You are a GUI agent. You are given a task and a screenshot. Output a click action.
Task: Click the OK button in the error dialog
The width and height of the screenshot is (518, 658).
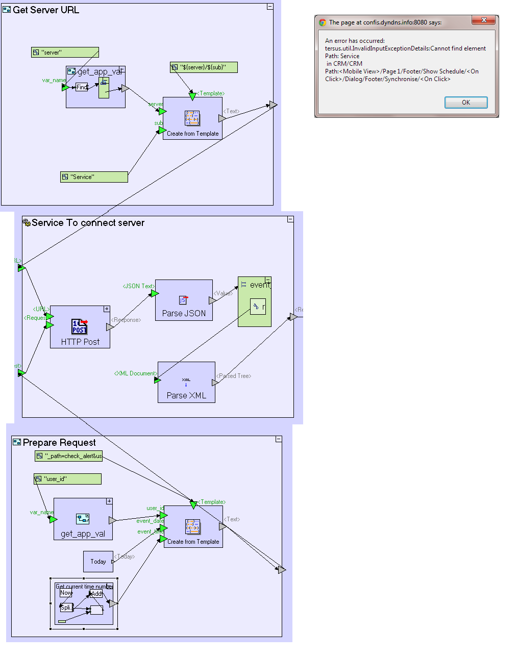(466, 103)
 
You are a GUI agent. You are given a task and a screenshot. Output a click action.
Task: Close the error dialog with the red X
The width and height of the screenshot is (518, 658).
(484, 20)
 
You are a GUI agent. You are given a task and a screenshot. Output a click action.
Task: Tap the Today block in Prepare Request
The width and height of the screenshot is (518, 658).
(98, 562)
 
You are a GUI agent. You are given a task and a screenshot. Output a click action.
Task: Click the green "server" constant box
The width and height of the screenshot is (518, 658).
(65, 53)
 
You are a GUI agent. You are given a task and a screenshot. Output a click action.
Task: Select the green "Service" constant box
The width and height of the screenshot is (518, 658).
(94, 177)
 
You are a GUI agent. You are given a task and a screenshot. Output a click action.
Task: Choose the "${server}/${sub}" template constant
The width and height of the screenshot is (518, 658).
(204, 67)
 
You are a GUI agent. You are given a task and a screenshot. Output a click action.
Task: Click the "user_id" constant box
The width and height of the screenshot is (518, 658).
(67, 479)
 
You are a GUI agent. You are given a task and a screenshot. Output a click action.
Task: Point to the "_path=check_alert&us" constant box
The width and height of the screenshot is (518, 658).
(68, 456)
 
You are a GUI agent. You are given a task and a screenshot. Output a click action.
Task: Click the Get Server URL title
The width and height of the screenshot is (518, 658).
(46, 10)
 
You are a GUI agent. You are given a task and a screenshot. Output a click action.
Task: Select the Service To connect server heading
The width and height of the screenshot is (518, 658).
(88, 223)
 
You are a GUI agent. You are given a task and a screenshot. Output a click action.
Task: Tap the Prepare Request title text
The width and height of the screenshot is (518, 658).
(59, 443)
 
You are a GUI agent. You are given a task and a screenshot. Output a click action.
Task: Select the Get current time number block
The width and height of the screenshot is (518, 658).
(84, 604)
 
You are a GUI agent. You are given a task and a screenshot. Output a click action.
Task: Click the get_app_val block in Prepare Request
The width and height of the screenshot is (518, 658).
(83, 519)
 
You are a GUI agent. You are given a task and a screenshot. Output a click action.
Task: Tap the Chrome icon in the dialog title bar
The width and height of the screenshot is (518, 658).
(323, 22)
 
